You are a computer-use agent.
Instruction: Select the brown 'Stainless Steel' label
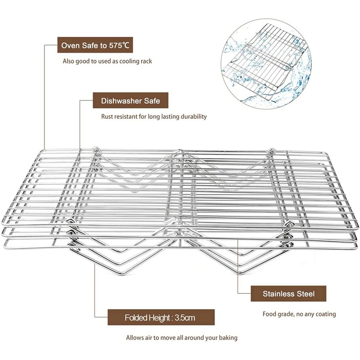[x=289, y=294]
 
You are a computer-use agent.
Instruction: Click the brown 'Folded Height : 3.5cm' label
[x=160, y=318]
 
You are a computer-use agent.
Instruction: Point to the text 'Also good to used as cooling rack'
[x=107, y=61]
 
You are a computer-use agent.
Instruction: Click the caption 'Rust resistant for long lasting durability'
[x=154, y=117]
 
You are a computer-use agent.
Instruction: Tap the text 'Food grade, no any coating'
[x=299, y=314]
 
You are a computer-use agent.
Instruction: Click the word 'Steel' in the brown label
[x=305, y=294]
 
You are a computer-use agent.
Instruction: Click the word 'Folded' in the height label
[x=135, y=318]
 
